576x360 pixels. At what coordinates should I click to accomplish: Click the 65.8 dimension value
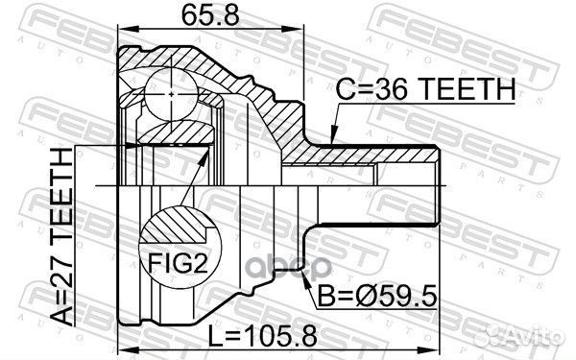(210, 15)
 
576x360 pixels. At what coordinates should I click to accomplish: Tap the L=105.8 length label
(262, 337)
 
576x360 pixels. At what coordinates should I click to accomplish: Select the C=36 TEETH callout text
(425, 89)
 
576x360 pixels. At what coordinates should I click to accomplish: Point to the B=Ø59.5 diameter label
(377, 296)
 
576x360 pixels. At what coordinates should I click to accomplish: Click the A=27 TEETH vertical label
(61, 237)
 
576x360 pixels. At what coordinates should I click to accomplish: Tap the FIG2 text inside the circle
(179, 263)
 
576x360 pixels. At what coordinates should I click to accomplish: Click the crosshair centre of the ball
(172, 94)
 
